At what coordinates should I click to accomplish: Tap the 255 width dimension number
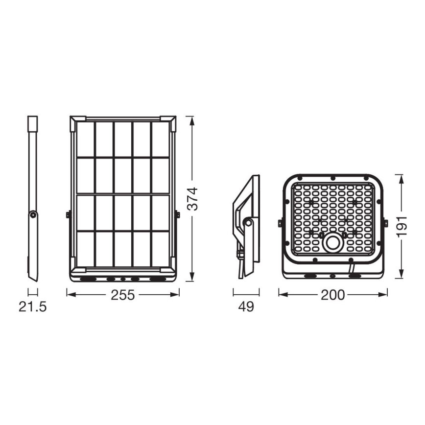click(123, 295)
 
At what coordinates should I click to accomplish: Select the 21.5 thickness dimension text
click(33, 307)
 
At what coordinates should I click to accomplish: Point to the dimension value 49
click(246, 307)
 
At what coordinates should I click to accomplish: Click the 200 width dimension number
click(332, 295)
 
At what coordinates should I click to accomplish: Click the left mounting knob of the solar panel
click(69, 214)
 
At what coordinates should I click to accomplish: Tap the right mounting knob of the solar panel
click(177, 214)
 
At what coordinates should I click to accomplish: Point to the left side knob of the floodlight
click(280, 223)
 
